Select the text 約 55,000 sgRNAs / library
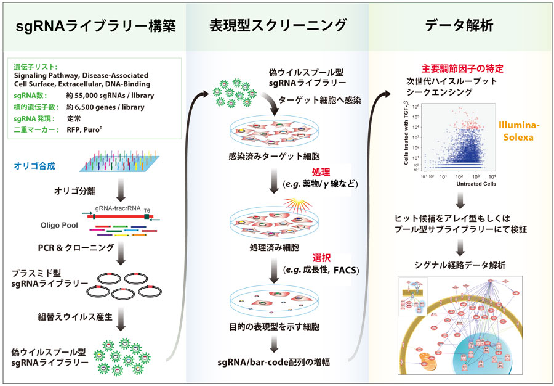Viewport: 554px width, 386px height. [x=110, y=96]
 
